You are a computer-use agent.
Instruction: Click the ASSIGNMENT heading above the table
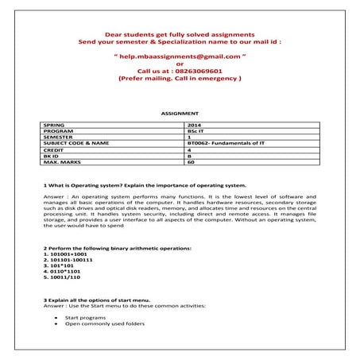click(180, 114)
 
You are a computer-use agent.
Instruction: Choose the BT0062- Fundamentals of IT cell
click(223, 143)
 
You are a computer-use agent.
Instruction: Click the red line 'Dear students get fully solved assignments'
click(180, 36)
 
